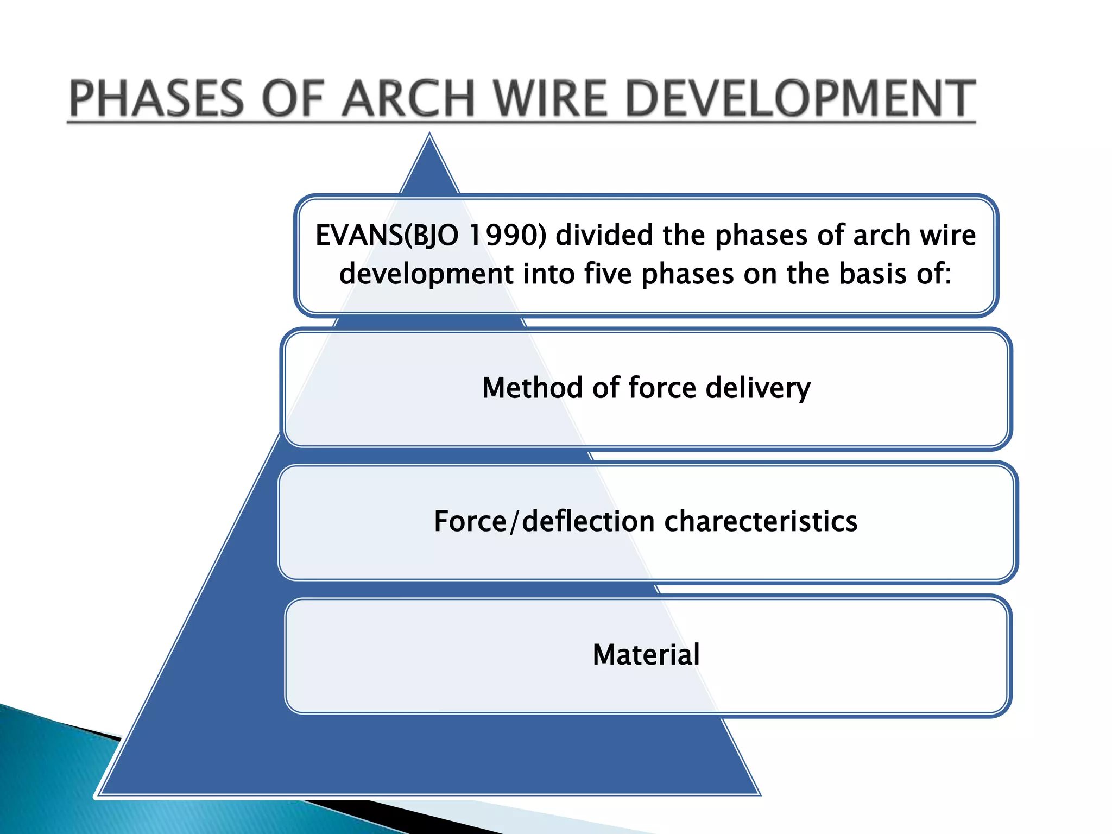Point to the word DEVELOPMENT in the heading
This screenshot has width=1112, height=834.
pos(800,99)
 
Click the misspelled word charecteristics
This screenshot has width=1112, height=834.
pos(761,522)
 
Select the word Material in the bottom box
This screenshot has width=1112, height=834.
pos(646,655)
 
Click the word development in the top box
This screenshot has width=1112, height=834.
pos(426,274)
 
